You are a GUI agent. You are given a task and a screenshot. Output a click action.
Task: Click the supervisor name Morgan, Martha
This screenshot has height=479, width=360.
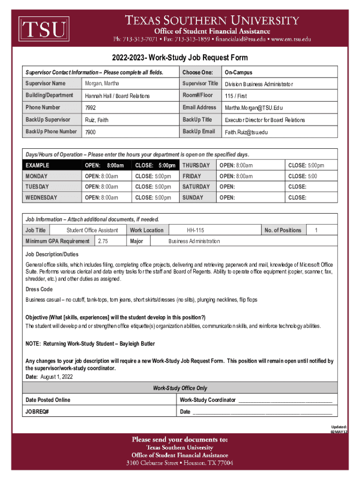click(102, 84)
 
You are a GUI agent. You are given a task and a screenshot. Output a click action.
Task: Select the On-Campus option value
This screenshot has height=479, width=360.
click(238, 73)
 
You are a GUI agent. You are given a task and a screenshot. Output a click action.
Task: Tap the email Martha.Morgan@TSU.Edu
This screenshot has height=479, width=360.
click(254, 108)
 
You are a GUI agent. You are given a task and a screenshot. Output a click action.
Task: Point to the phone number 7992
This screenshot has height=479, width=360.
click(90, 108)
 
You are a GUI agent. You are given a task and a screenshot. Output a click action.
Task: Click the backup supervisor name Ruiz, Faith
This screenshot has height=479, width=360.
click(96, 120)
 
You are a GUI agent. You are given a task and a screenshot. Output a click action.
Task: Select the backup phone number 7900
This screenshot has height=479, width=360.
click(90, 132)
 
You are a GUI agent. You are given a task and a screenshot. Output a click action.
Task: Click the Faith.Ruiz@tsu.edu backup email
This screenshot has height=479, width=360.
click(246, 132)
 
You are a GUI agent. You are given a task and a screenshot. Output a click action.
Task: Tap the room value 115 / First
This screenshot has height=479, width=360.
click(236, 96)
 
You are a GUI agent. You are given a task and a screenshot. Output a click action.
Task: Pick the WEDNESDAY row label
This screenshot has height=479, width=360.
click(42, 198)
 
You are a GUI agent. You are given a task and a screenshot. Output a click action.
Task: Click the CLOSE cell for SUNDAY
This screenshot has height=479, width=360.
click(297, 198)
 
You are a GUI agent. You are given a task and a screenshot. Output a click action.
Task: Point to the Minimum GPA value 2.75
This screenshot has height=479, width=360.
click(103, 241)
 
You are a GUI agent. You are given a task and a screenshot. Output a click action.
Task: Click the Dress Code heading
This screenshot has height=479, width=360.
click(39, 290)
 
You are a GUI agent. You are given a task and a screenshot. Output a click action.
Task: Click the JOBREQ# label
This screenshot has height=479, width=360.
click(37, 412)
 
